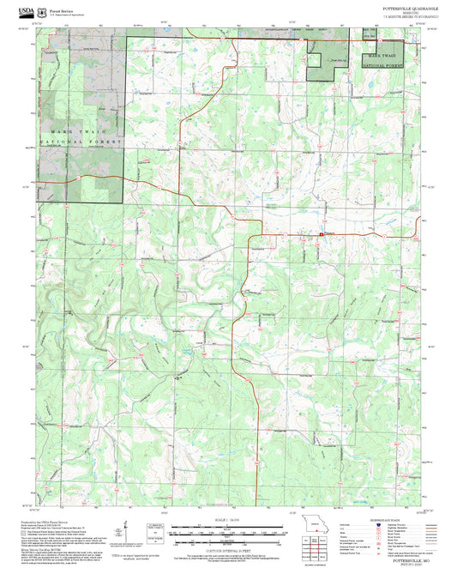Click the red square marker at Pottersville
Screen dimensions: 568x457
tap(322, 235)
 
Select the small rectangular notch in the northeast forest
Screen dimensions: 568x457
tap(315, 60)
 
